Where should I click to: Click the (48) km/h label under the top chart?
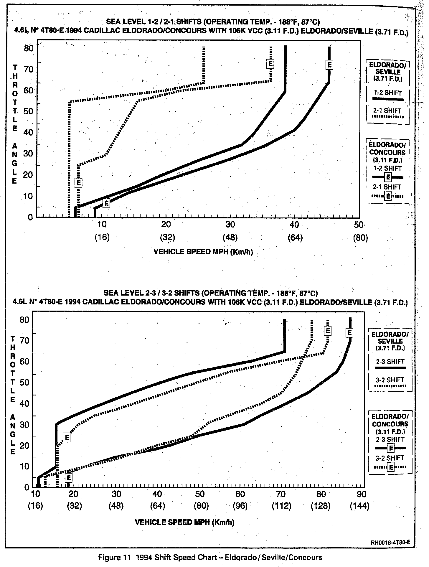pyautogui.click(x=230, y=238)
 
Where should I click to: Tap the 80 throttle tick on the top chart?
pyautogui.click(x=28, y=48)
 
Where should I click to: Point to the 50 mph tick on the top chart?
pyautogui.click(x=359, y=225)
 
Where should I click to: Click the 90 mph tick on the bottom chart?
pyautogui.click(x=362, y=494)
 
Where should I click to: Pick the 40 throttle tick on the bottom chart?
pyautogui.click(x=24, y=403)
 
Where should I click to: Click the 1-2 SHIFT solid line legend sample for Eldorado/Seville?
pyautogui.click(x=388, y=99)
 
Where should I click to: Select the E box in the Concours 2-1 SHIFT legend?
pyautogui.click(x=389, y=196)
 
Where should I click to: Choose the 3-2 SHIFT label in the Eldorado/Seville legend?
pyautogui.click(x=390, y=380)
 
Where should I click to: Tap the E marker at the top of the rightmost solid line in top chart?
pyautogui.click(x=329, y=65)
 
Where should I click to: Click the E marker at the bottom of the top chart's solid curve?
pyautogui.click(x=107, y=203)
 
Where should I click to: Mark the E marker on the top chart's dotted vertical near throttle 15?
pyautogui.click(x=78, y=183)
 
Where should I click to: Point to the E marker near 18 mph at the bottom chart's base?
pyautogui.click(x=69, y=477)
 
